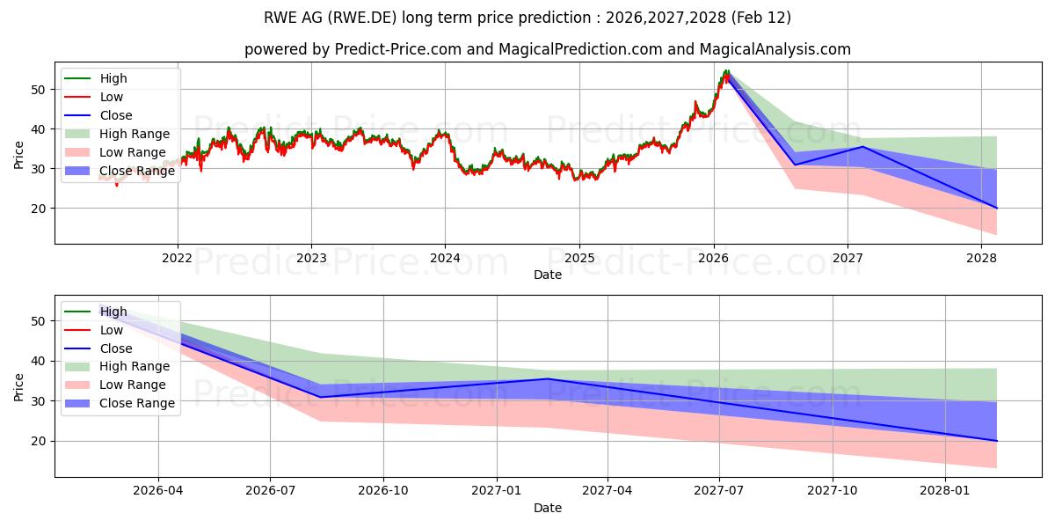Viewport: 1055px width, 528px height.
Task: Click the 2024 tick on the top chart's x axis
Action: pyautogui.click(x=445, y=258)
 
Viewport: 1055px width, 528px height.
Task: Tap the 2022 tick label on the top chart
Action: pyautogui.click(x=178, y=258)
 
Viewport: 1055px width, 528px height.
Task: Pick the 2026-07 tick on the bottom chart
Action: pyautogui.click(x=270, y=491)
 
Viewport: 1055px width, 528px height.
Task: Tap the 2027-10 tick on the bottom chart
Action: pyautogui.click(x=833, y=491)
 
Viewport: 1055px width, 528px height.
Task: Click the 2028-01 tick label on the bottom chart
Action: pyautogui.click(x=945, y=491)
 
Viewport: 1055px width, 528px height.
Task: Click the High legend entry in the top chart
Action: pyautogui.click(x=113, y=78)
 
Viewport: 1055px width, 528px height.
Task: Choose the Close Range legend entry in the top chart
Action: pyautogui.click(x=136, y=171)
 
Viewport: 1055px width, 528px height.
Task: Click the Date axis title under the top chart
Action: pyautogui.click(x=548, y=275)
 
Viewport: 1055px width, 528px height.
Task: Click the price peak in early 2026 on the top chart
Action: pyautogui.click(x=726, y=70)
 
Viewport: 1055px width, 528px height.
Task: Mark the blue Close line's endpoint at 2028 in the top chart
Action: pyautogui.click(x=996, y=208)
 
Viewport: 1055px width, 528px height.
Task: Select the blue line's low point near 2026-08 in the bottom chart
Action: pyautogui.click(x=320, y=397)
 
